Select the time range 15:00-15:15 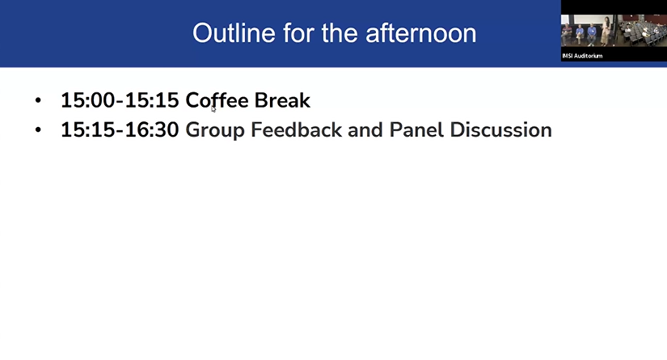click(x=120, y=100)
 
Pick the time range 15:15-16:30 click(x=120, y=129)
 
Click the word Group click(x=213, y=129)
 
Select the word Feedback click(x=294, y=129)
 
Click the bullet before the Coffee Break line click(x=38, y=101)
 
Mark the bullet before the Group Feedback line click(x=38, y=130)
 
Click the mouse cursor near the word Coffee click(x=213, y=108)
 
